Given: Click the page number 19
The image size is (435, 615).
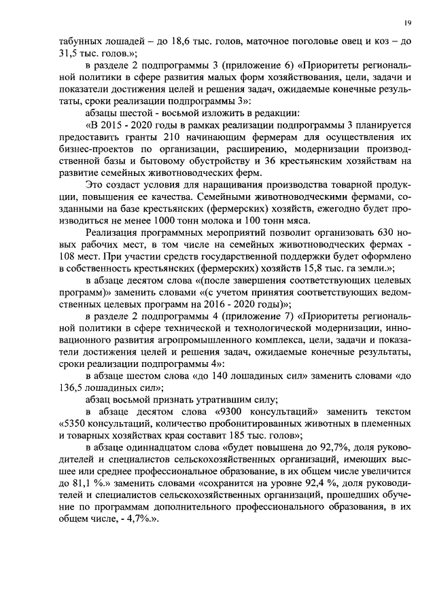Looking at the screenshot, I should (x=406, y=23).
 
